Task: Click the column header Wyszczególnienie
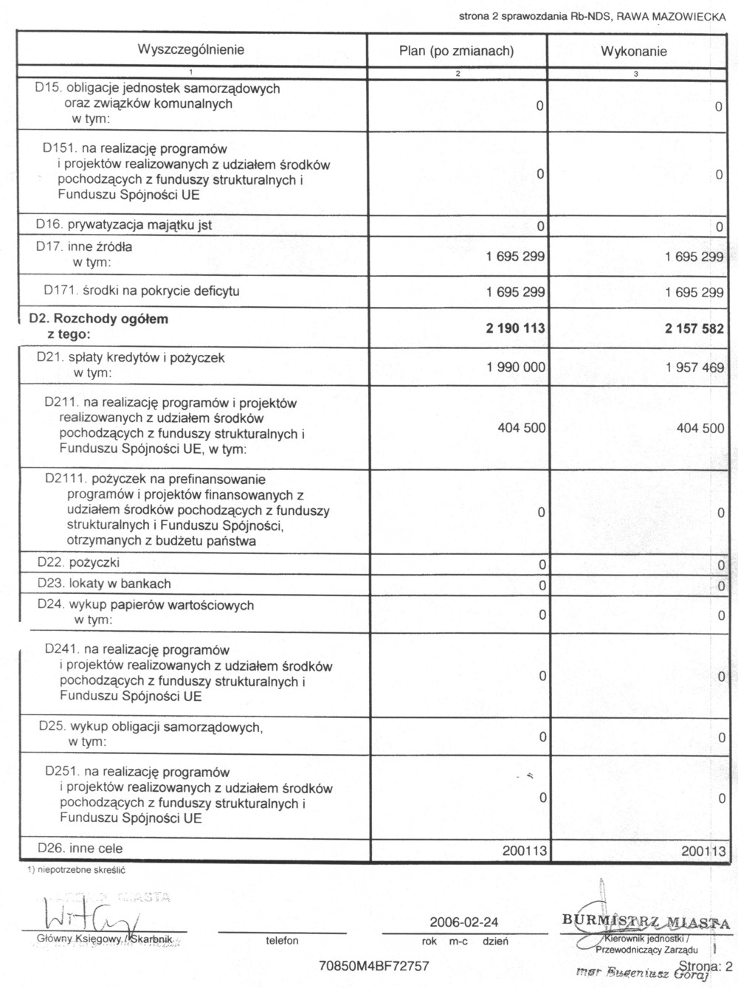[x=190, y=50]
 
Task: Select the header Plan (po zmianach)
[x=456, y=51]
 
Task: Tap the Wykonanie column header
[x=634, y=52]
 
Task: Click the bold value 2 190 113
[x=515, y=328]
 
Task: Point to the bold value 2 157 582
[x=694, y=328]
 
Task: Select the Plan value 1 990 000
[x=516, y=367]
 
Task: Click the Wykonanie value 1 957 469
[x=694, y=367]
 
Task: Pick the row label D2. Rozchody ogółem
[x=98, y=319]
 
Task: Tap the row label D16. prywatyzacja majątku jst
[x=124, y=225]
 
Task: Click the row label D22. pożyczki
[x=78, y=563]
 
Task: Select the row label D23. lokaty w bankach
[x=104, y=584]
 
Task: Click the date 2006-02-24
[x=463, y=922]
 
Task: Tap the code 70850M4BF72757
[x=373, y=966]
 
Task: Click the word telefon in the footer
[x=282, y=941]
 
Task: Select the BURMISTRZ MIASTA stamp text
[x=645, y=923]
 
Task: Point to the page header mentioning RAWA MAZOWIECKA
[x=592, y=15]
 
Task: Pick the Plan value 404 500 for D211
[x=521, y=428]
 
